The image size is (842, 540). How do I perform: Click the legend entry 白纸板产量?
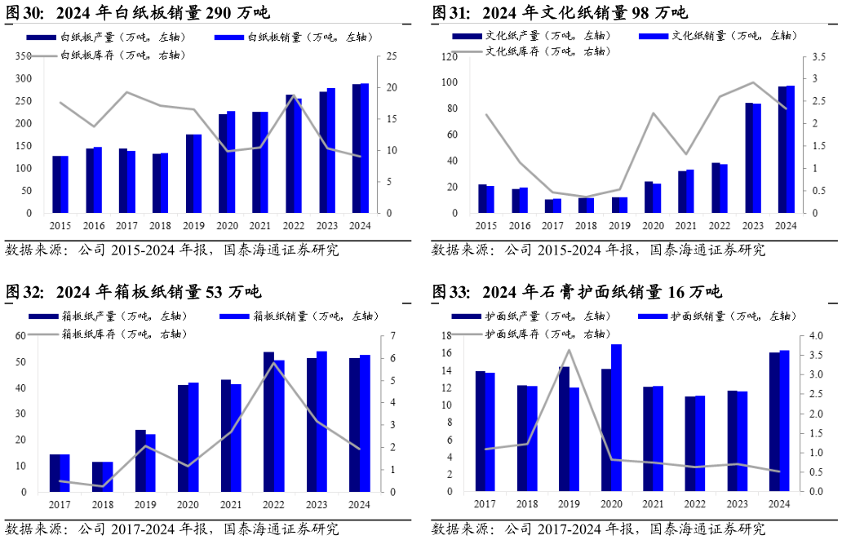(89, 37)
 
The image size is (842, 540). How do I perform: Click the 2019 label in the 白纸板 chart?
(193, 226)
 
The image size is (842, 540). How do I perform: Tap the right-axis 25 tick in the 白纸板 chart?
(392, 55)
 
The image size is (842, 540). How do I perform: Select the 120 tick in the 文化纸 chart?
(450, 57)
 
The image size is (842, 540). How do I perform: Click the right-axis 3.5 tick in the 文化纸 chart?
(809, 57)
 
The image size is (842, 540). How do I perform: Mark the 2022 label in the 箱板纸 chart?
(273, 505)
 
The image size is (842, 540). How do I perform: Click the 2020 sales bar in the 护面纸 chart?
(616, 418)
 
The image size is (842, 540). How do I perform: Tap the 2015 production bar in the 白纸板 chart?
(56, 184)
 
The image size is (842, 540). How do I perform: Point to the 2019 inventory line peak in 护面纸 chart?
(569, 350)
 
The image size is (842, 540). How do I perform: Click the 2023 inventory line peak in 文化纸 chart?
(752, 82)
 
